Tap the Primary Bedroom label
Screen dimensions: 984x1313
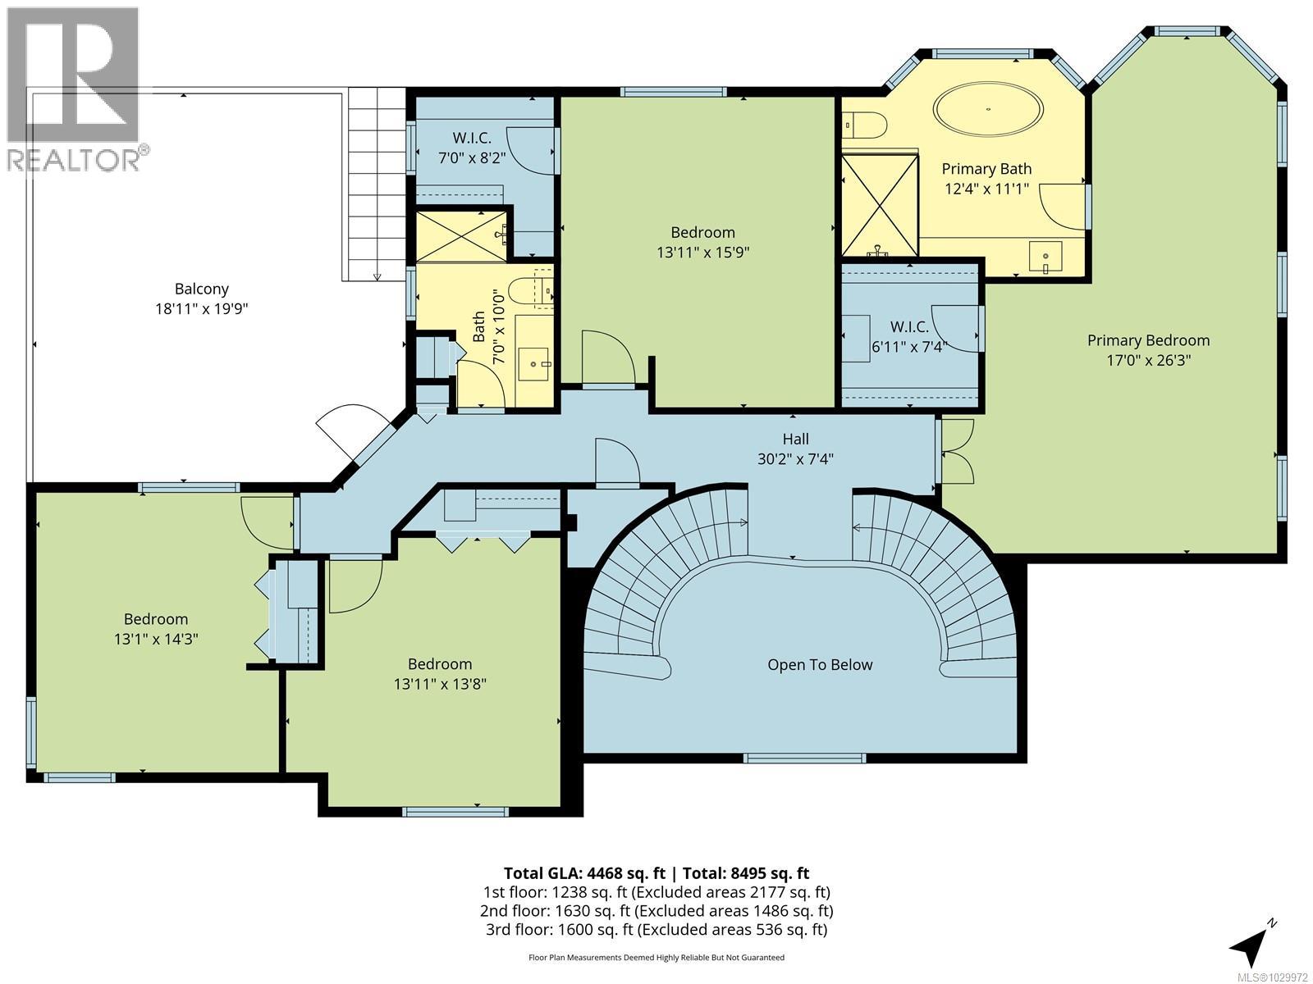point(1148,340)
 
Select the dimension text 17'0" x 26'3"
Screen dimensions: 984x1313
point(1148,360)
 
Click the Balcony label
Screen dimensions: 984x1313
point(201,289)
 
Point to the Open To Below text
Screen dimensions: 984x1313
point(820,664)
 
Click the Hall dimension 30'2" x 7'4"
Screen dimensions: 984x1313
point(795,459)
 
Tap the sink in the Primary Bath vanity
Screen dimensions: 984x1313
point(1045,257)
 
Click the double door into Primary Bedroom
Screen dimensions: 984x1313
point(955,451)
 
